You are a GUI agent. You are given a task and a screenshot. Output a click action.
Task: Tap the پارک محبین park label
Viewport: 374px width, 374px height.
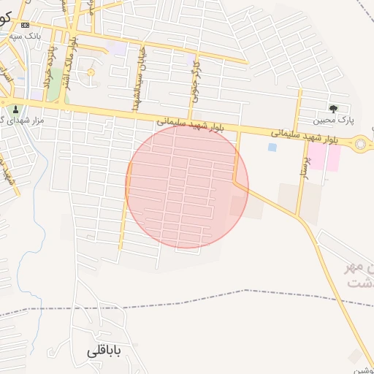coord(333,120)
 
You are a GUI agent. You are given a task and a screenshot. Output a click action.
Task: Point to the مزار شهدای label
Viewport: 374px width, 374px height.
coord(22,119)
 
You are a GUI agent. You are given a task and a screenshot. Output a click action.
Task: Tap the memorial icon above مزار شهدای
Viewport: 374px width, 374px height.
coord(15,108)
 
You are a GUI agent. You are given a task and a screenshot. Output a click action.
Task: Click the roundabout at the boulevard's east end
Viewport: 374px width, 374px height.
coord(361,145)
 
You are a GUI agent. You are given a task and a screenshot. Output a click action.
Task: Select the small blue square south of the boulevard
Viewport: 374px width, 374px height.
coord(272,148)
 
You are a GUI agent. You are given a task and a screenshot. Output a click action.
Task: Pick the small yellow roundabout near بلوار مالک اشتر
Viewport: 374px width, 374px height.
coord(91,72)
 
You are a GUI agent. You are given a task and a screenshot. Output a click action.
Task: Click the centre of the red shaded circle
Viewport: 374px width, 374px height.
coord(187,186)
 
